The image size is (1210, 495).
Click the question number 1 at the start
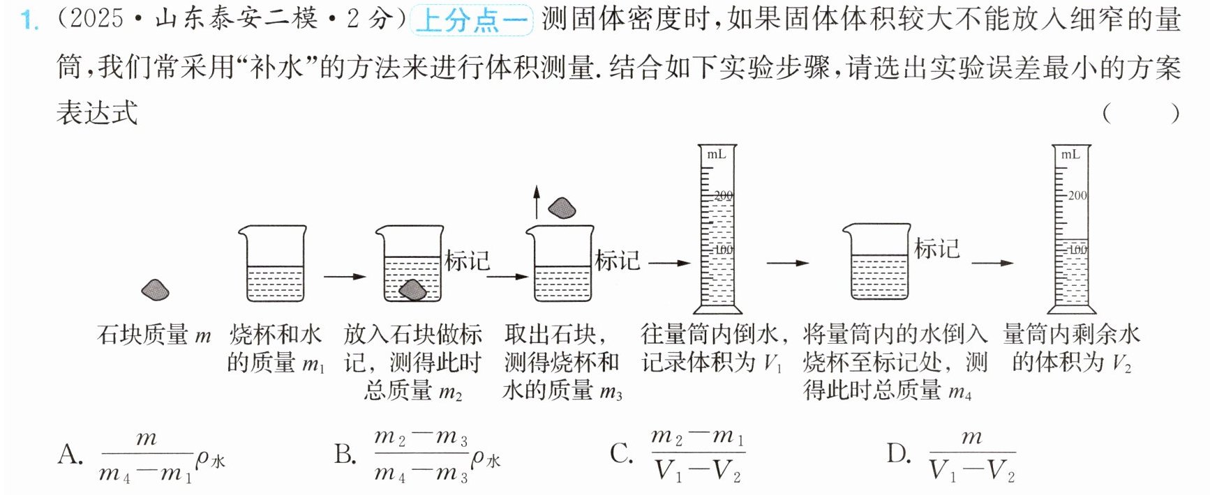29,19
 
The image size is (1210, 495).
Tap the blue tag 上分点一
472,20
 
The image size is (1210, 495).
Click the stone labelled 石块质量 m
155,290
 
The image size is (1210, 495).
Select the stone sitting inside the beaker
412,290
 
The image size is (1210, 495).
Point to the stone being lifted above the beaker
562,208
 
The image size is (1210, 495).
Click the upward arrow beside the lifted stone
536,202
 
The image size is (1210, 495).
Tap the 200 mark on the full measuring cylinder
724,196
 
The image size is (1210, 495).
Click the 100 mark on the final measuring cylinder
1078,249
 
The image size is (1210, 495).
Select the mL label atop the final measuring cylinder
1070,155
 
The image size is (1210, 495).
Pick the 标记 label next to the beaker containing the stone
468,261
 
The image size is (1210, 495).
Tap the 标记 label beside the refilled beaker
937,248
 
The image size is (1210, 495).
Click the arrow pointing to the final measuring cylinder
992,263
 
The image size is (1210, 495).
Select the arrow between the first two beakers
345,277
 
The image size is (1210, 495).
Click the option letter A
70,455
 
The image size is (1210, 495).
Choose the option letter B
345,455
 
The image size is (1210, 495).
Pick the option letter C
621,454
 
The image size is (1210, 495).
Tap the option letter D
899,454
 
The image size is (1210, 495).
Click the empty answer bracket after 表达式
1141,113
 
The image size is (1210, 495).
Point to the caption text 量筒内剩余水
1071,335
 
